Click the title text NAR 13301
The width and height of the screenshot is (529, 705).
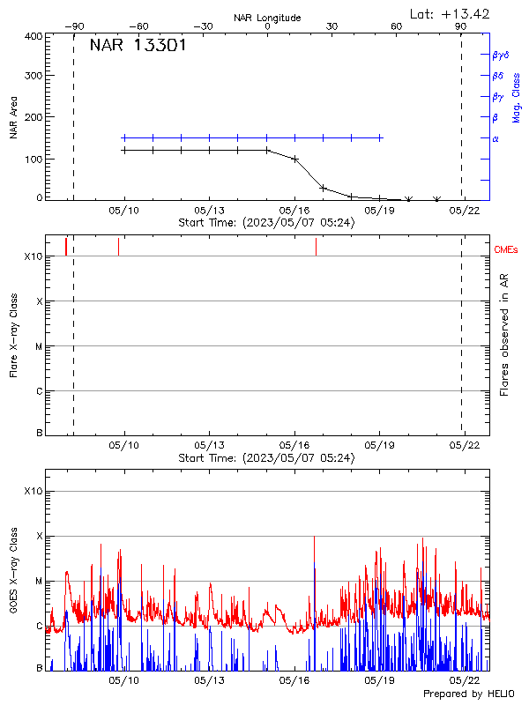138,47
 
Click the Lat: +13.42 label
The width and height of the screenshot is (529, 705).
451,13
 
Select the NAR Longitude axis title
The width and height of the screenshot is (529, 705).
267,18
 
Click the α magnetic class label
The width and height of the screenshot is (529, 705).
495,138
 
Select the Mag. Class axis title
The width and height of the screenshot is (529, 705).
516,98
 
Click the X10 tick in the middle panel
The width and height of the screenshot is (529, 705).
33,256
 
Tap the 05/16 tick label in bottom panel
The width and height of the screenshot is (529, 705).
294,680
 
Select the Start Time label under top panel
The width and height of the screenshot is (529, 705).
266,223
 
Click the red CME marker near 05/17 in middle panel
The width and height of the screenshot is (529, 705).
316,247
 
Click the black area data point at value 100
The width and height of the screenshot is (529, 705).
294,160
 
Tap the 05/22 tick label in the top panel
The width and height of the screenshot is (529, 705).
465,211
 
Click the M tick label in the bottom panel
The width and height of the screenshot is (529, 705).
38,581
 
